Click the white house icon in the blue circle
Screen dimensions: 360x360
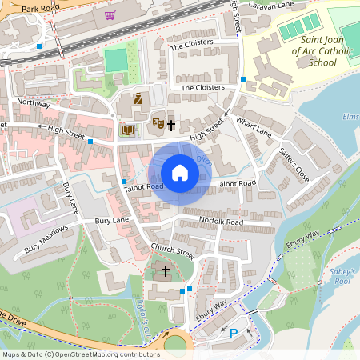[x=180, y=172]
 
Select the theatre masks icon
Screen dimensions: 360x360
[x=158, y=123]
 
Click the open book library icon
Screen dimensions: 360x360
[x=127, y=129]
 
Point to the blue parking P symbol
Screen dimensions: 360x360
[x=234, y=334]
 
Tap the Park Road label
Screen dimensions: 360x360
[x=42, y=9]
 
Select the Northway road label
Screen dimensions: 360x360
[x=34, y=104]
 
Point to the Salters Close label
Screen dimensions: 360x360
[x=294, y=162]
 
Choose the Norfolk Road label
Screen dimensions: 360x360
[x=223, y=221]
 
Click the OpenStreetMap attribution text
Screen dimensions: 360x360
[x=80, y=354]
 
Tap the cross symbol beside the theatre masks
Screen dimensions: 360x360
[x=171, y=125]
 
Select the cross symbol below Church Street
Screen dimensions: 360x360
[x=166, y=271]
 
